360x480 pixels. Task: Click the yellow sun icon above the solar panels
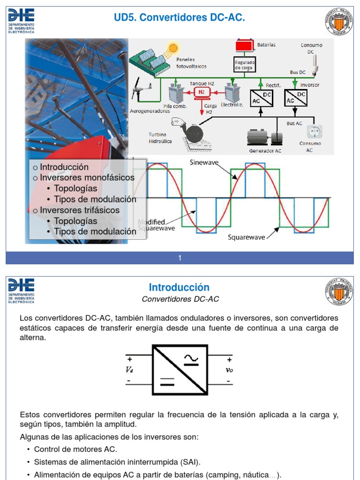(x=174, y=48)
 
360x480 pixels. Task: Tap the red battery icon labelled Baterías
(x=243, y=46)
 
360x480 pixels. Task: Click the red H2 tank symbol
(x=202, y=92)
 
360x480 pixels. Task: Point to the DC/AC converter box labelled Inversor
(x=295, y=97)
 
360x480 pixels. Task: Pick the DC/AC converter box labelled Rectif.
(x=261, y=97)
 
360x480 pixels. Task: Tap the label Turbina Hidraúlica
(x=160, y=138)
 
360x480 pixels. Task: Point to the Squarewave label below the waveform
(x=247, y=237)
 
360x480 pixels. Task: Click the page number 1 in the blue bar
(x=180, y=258)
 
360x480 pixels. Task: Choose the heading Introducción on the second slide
(x=179, y=287)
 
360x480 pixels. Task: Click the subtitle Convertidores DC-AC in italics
(x=180, y=299)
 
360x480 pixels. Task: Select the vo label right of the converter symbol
(x=229, y=370)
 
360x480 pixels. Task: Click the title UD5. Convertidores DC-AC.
(x=180, y=18)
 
